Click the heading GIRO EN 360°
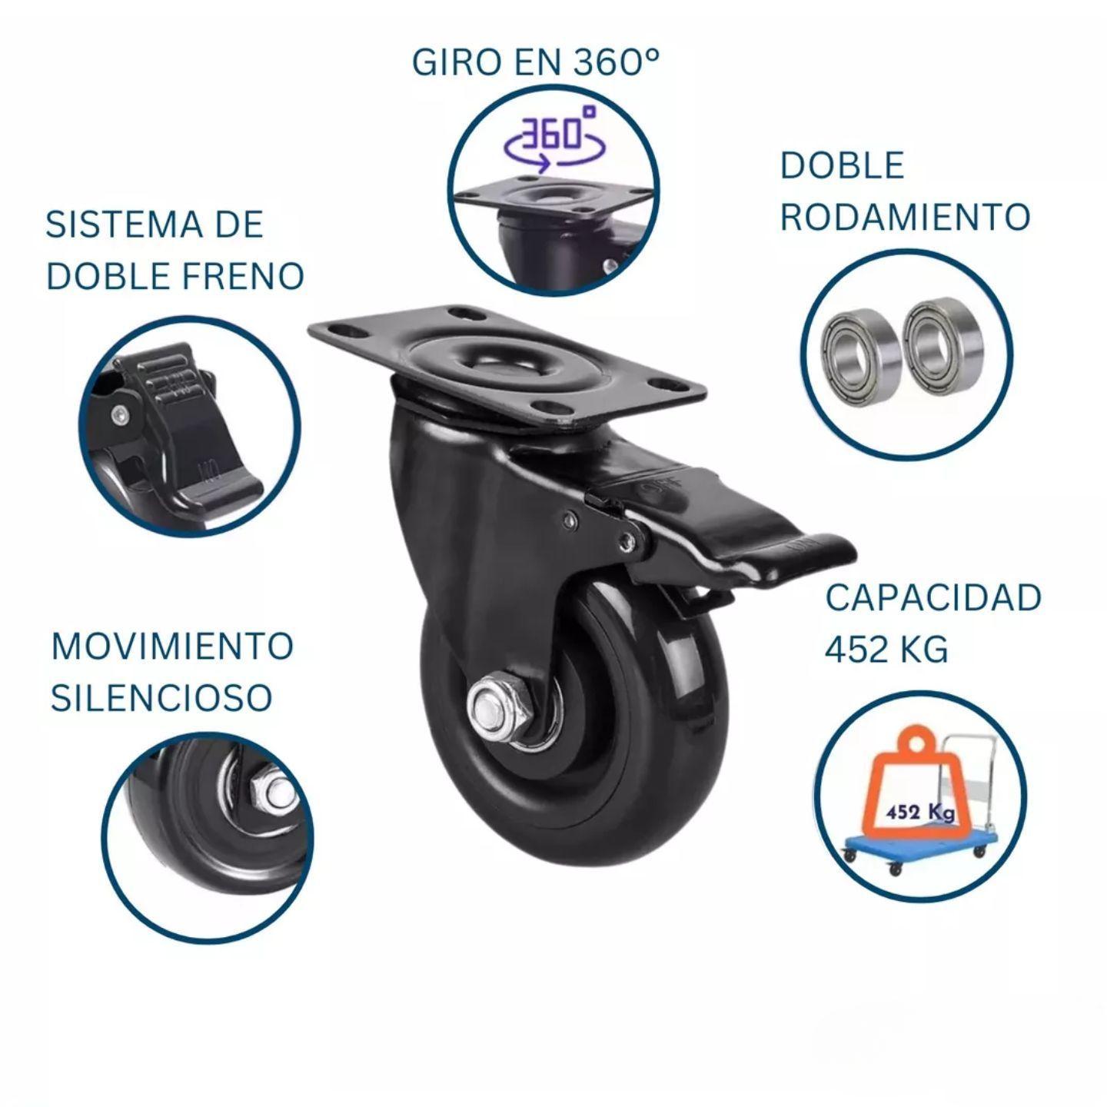[536, 62]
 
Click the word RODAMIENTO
[905, 217]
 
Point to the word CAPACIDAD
[933, 598]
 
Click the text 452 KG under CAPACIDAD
[886, 650]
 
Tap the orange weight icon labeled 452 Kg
[915, 799]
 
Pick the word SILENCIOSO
[161, 697]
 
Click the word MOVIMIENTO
[172, 646]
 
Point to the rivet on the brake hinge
[630, 540]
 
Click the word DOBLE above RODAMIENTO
[842, 166]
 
